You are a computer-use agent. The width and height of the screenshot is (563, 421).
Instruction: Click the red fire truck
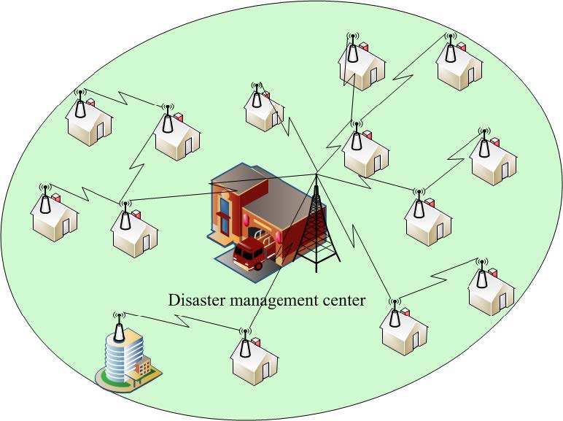tap(249, 255)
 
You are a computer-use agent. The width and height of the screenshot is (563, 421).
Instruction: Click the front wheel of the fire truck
tap(257, 266)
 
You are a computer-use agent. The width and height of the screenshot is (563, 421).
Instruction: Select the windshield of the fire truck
tap(241, 252)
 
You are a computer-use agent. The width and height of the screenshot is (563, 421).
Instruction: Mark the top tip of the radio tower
tap(317, 175)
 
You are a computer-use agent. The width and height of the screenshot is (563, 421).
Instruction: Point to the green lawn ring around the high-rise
tap(109, 379)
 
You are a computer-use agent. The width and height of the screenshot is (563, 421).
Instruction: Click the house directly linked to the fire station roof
tap(134, 229)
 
